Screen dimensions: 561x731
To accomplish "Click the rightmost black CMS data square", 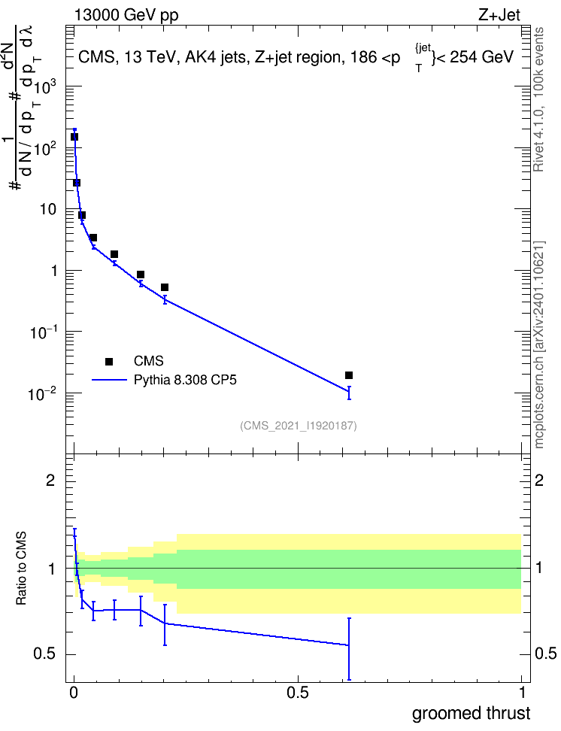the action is click(x=349, y=375).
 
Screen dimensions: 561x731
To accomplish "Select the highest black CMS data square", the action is click(x=74, y=137).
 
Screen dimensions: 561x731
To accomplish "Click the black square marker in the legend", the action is click(x=109, y=361).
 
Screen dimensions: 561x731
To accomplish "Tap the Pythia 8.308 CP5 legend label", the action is click(x=185, y=380).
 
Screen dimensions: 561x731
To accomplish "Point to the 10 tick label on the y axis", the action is click(x=48, y=209).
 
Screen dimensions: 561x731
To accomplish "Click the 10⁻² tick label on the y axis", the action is click(x=42, y=394).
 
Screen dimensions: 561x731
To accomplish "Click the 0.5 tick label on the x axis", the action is click(x=298, y=693).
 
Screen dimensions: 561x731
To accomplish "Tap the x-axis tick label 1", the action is click(x=522, y=693).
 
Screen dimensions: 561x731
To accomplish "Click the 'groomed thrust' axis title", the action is click(x=471, y=714).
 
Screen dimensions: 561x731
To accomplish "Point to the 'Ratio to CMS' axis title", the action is click(x=21, y=568).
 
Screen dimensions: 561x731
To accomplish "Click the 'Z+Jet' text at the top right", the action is click(x=499, y=15).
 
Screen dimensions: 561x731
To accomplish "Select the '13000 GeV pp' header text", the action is click(x=126, y=16).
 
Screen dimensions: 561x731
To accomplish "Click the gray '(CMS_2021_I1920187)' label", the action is click(x=299, y=426).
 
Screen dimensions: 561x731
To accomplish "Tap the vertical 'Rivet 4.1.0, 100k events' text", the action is click(x=538, y=99).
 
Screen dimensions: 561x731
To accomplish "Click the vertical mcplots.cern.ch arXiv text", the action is click(x=539, y=344).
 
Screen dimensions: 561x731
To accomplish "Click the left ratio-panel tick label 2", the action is click(x=50, y=480).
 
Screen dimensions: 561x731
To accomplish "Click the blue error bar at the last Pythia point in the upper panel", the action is click(x=349, y=393).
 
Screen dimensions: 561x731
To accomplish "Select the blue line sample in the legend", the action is click(x=109, y=380).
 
